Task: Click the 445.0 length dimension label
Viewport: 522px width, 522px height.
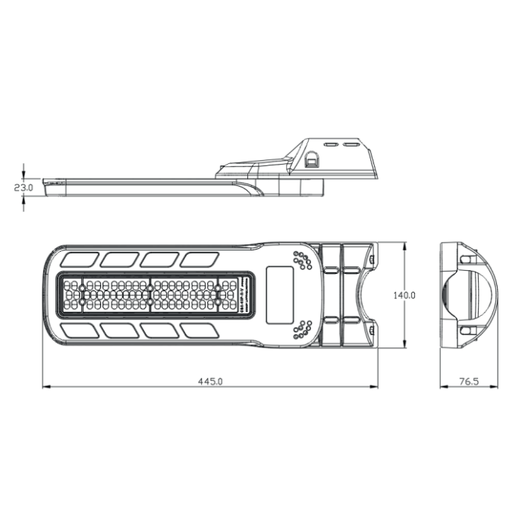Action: [209, 382]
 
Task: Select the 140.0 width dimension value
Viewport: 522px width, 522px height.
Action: [404, 295]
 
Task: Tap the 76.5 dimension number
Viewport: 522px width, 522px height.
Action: [468, 382]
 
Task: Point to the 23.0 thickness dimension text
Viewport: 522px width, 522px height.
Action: [24, 187]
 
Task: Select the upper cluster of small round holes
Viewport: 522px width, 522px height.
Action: [303, 260]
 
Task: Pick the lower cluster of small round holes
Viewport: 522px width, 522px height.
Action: [302, 329]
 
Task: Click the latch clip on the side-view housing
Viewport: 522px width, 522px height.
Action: [312, 160]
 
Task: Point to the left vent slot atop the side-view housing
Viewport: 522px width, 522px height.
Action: [331, 143]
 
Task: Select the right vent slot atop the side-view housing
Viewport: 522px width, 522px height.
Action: [351, 143]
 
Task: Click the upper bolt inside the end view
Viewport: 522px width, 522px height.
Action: [464, 259]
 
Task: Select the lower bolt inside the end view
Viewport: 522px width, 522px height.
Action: [464, 331]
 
